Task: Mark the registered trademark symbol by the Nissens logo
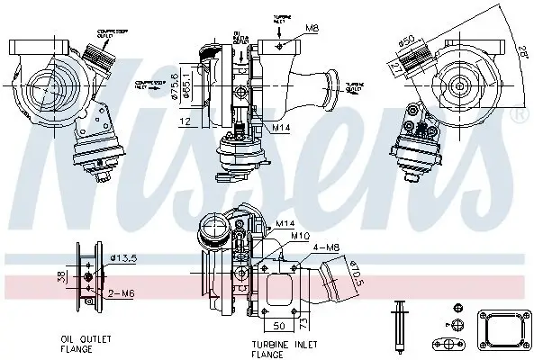tap(519, 116)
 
